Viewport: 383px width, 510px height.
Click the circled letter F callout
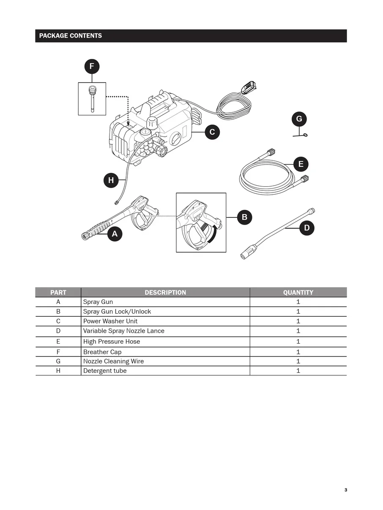coord(92,66)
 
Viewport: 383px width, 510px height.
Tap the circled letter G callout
coord(299,119)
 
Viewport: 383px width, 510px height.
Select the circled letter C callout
coord(212,132)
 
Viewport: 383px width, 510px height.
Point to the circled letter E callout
coord(301,164)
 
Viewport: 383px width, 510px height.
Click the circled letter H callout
coord(111,181)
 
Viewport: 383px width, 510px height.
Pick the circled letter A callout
coord(115,234)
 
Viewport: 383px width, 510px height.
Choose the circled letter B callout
coord(244,217)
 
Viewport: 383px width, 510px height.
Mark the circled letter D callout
coord(307,228)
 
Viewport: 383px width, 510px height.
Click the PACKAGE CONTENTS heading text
coord(71,36)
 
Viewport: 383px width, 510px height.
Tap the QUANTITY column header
coord(298,292)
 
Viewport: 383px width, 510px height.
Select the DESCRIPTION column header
coord(165,292)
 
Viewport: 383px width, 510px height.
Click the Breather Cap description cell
coord(102,352)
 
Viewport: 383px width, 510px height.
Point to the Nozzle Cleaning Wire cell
coord(113,361)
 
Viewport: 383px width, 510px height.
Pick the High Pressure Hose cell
coord(112,341)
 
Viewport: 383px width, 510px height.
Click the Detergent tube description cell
coord(105,371)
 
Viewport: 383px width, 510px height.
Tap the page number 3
coord(345,490)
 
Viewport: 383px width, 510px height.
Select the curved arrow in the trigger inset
coord(214,234)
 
